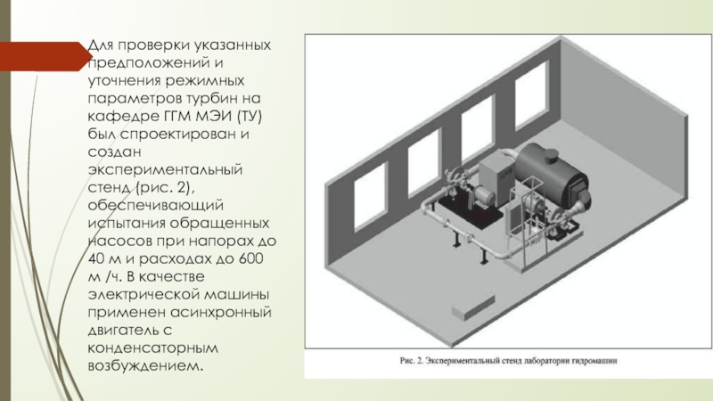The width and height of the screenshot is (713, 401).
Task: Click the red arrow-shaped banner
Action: click(45, 56)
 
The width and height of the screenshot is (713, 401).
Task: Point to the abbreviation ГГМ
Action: click(177, 116)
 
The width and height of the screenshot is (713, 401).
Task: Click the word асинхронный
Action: click(220, 313)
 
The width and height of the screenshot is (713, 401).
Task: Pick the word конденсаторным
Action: click(152, 348)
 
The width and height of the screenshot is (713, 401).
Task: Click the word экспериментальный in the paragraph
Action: click(165, 169)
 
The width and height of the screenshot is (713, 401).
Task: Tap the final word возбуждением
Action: click(145, 366)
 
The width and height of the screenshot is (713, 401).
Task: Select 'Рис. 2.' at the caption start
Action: click(412, 361)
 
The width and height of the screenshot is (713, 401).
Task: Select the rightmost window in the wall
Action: click(531, 94)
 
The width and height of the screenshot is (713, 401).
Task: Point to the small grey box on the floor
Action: click(473, 307)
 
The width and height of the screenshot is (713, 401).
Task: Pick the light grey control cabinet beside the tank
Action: click(496, 177)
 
